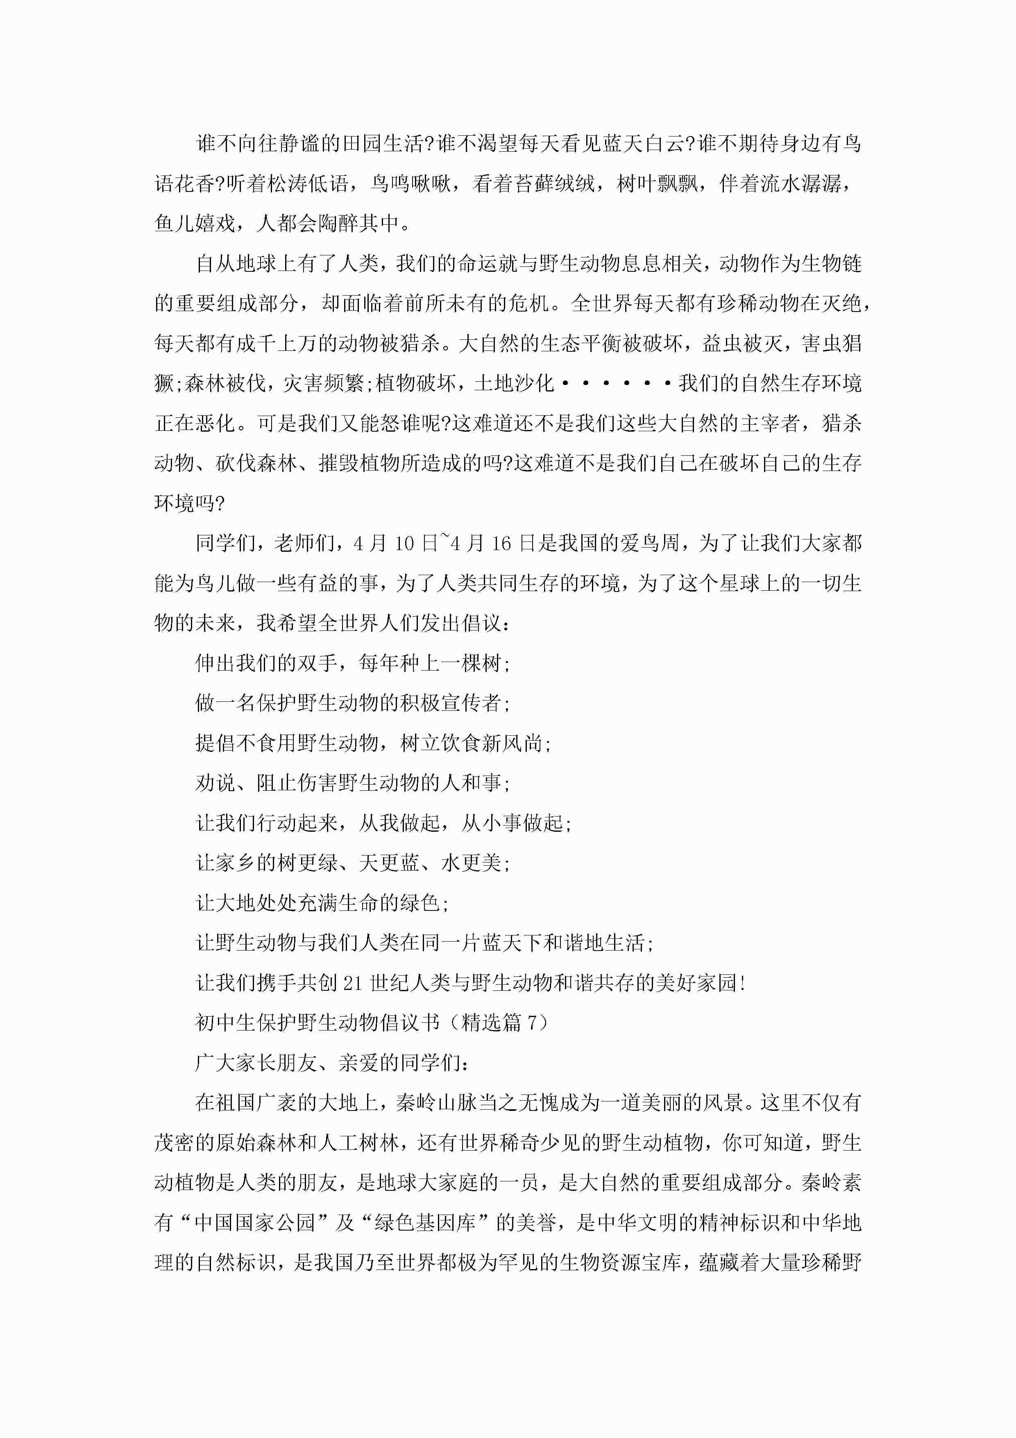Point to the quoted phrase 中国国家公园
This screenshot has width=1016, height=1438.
pyautogui.click(x=255, y=1223)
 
